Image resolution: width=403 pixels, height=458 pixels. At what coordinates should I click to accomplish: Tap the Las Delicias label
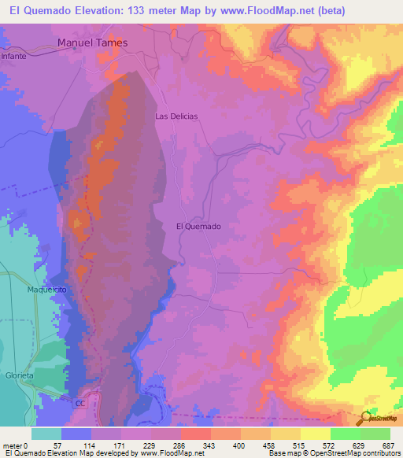176,116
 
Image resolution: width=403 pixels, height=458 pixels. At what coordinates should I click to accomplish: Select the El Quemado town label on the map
198,226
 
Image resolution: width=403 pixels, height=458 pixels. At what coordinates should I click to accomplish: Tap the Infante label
14,57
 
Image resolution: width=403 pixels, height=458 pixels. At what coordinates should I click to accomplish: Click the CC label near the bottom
79,403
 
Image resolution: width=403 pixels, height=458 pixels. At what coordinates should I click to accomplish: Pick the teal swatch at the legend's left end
46,434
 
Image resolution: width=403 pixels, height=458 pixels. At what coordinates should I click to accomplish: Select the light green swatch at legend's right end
375,434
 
